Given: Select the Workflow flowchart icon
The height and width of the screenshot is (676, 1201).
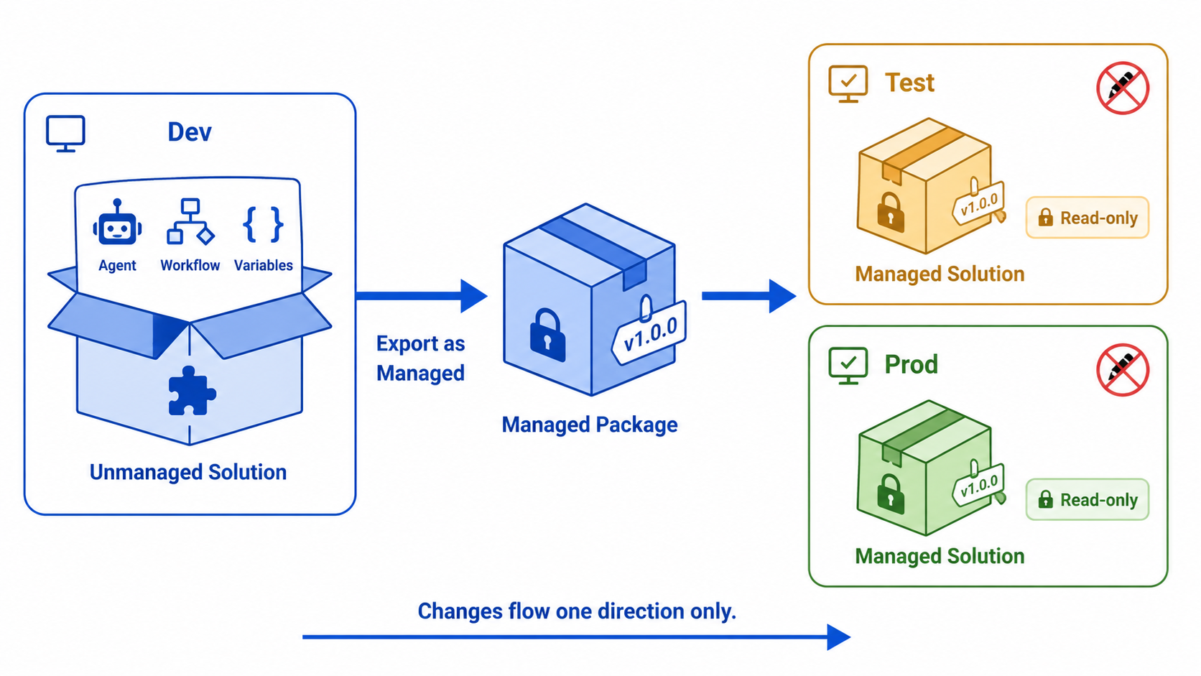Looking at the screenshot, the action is tap(190, 222).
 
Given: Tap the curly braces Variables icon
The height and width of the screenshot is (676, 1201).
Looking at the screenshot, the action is tap(263, 223).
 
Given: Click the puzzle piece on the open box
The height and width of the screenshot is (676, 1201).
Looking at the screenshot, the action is tap(191, 391).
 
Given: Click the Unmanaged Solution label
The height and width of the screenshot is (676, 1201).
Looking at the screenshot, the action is tap(188, 472).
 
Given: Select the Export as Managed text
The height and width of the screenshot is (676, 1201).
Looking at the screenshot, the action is tap(420, 358).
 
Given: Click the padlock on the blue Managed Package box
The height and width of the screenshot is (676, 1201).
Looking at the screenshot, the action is tap(547, 335).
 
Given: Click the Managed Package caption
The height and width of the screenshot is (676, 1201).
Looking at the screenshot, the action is tap(590, 425).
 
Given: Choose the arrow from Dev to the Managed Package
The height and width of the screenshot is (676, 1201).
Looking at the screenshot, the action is tap(422, 296).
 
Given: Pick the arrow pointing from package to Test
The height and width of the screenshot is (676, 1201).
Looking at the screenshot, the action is tap(749, 296).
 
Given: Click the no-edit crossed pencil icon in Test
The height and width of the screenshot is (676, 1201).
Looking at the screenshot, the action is tap(1123, 88).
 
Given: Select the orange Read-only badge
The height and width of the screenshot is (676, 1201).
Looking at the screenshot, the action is tap(1088, 218).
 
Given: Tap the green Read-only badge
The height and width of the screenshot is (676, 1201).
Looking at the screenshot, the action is tap(1088, 499).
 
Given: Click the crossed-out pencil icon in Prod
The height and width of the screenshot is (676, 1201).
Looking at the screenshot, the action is tap(1123, 370).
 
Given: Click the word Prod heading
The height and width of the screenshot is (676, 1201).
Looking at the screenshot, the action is tap(911, 364).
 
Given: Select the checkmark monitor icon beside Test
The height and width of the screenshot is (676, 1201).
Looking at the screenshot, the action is tap(848, 83).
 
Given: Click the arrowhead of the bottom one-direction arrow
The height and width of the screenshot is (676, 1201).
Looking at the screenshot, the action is tap(838, 637).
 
